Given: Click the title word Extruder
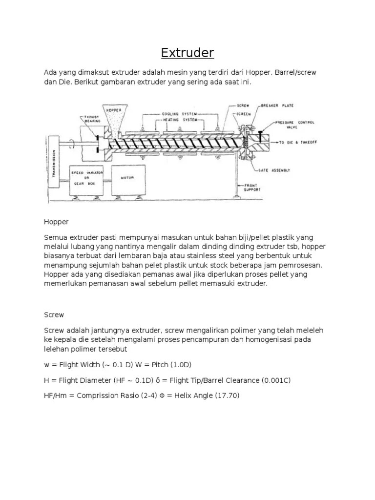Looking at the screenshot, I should [187, 52].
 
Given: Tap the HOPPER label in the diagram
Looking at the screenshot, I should [113, 111].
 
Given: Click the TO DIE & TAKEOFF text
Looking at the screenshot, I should [299, 143].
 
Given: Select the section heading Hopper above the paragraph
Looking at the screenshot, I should [57, 222].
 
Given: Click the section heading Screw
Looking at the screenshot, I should [54, 315].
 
